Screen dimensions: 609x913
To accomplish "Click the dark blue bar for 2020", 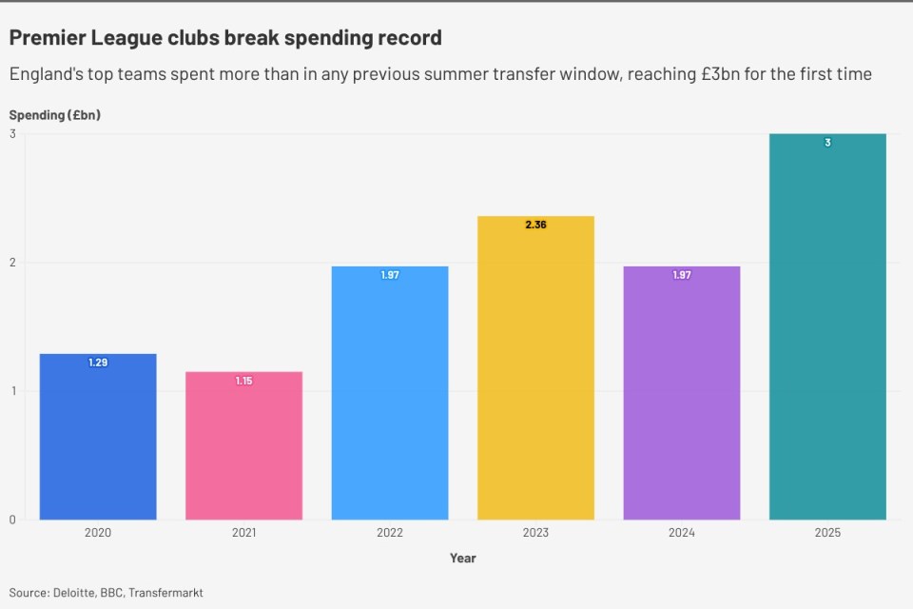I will [98, 438].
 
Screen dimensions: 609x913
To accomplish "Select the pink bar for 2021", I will [243, 447].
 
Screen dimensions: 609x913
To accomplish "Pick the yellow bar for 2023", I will [535, 371].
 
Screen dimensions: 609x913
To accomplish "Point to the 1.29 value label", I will [98, 363].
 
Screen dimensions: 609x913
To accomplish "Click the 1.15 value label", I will [243, 381].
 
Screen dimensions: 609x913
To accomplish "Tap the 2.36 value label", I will [535, 225].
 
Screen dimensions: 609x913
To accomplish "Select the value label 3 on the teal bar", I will [827, 143].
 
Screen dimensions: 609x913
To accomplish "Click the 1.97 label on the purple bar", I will [682, 275].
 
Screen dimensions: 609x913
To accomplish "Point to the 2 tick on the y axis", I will [12, 263].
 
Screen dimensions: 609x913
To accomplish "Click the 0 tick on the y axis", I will [12, 520].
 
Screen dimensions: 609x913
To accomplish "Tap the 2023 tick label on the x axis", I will [535, 533].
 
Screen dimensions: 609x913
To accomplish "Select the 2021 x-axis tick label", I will [243, 533].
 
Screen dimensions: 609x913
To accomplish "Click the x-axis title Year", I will [463, 559].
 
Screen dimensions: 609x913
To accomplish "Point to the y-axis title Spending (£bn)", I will [55, 115].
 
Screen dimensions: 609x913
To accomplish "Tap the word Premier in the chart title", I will [47, 38].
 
